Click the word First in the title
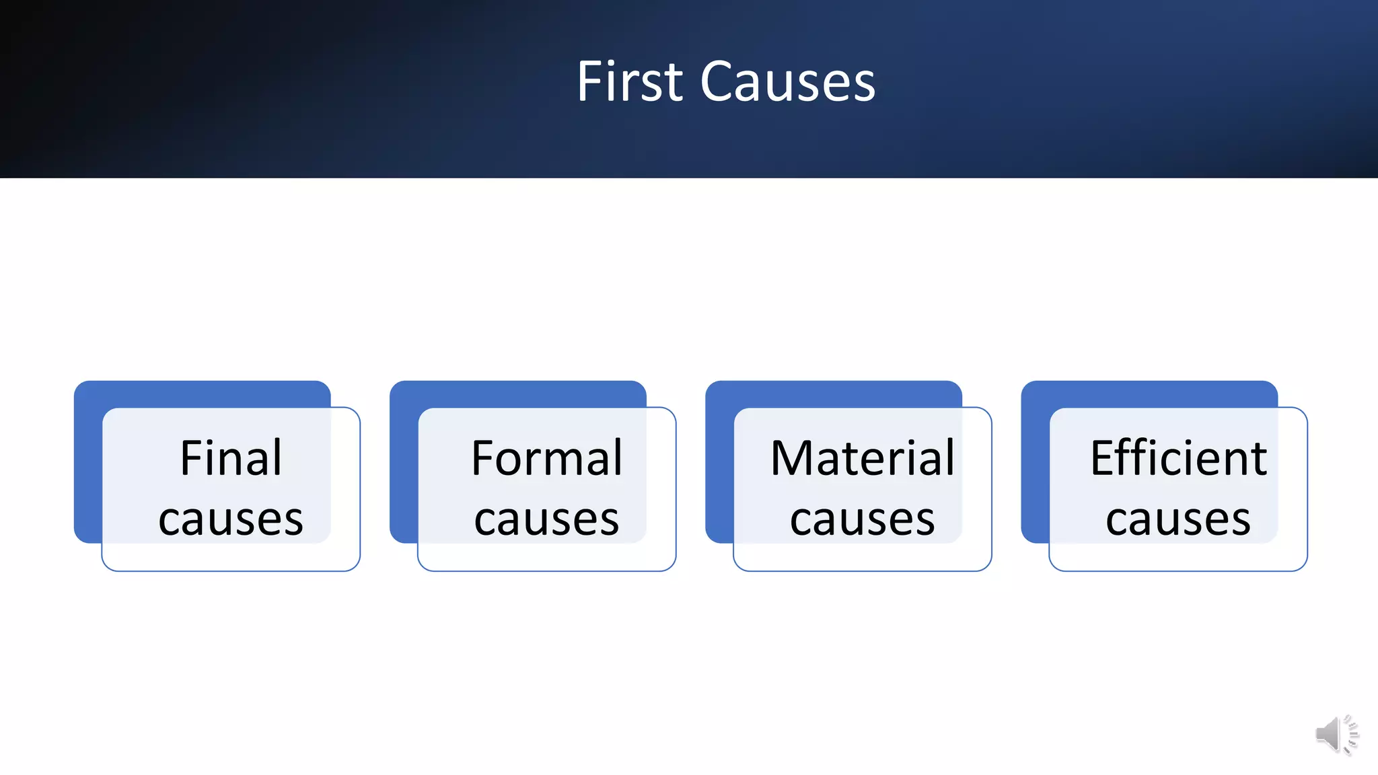(630, 81)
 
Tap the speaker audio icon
(1336, 734)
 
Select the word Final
(231, 458)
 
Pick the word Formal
(546, 458)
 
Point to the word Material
(862, 458)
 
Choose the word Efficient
(1178, 458)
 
